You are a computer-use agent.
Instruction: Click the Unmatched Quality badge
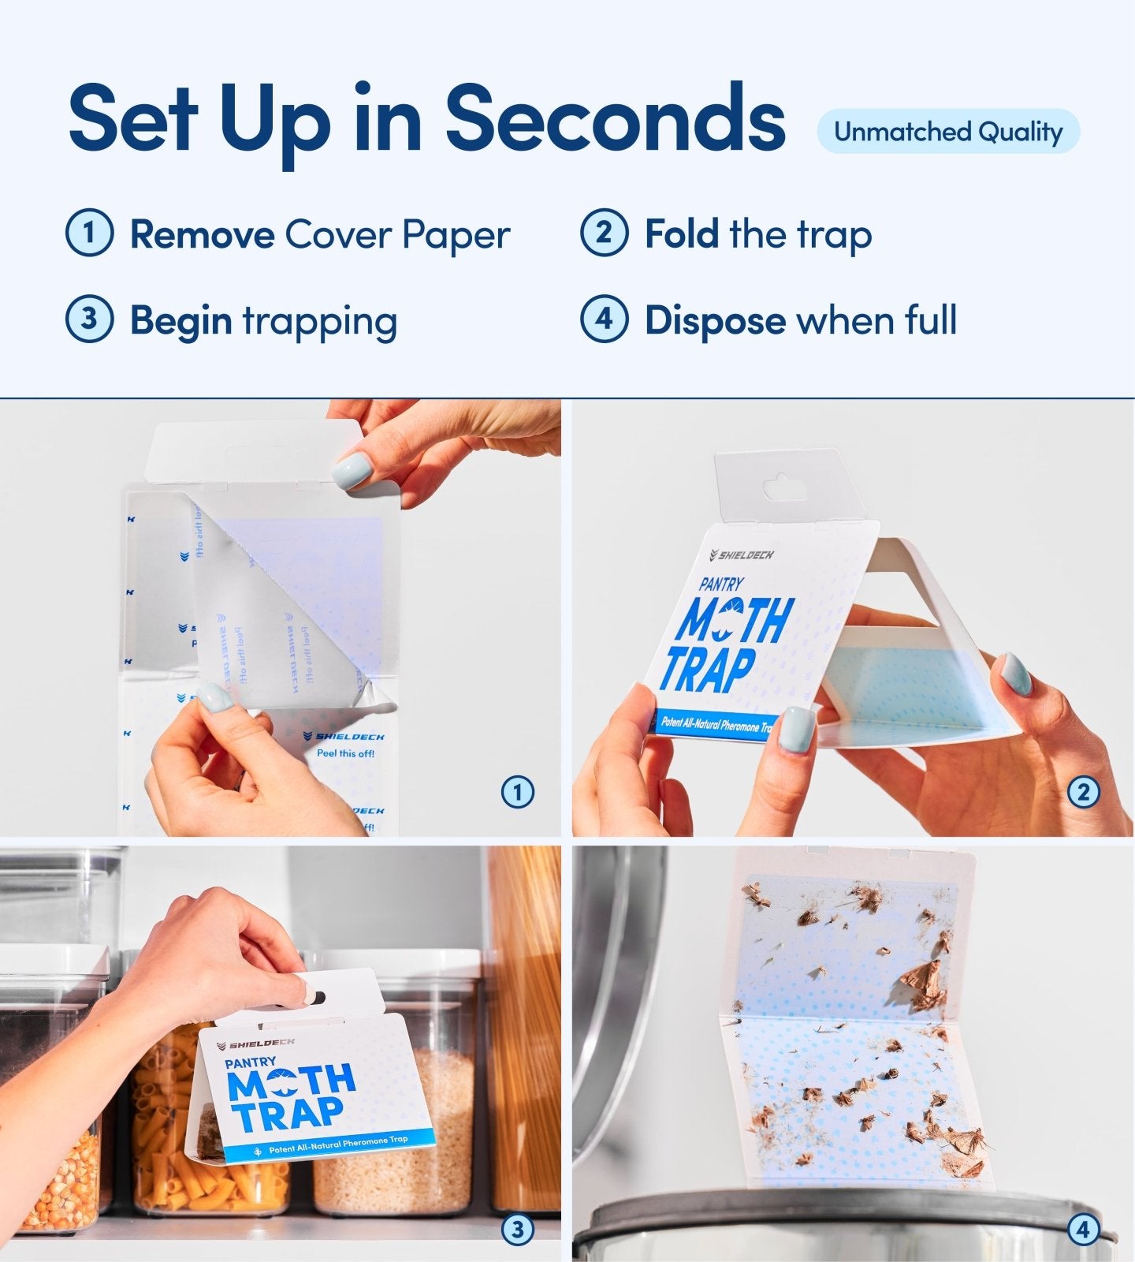[x=947, y=132]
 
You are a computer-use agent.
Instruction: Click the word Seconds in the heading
[x=615, y=120]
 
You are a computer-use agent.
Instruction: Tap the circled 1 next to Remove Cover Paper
[x=89, y=233]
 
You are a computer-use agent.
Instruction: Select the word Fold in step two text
[x=681, y=234]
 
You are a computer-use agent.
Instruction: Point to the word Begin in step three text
[x=180, y=320]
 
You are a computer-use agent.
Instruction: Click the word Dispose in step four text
[x=714, y=320]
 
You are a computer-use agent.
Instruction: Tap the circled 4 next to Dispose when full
[x=604, y=319]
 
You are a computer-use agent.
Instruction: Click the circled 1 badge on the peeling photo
[x=517, y=792]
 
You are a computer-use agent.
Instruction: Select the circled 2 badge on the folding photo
[x=1082, y=792]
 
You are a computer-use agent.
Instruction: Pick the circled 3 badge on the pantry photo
[x=517, y=1229]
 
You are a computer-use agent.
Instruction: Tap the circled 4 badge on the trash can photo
[x=1082, y=1229]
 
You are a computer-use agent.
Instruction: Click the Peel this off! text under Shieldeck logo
[x=345, y=753]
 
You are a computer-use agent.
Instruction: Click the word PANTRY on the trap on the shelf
[x=250, y=1062]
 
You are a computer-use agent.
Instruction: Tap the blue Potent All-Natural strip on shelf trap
[x=331, y=1144]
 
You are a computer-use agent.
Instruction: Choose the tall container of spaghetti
[x=524, y=1025]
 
